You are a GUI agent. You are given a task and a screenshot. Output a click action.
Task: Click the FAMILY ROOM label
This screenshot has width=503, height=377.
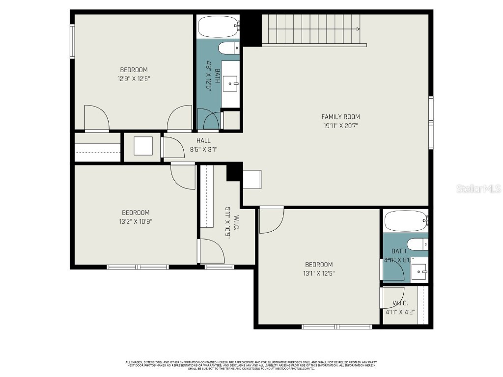pyautogui.click(x=340, y=117)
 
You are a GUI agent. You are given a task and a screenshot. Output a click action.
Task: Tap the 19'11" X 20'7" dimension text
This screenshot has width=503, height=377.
pyautogui.click(x=340, y=126)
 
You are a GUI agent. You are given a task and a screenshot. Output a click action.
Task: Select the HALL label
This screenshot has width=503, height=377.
pyautogui.click(x=203, y=141)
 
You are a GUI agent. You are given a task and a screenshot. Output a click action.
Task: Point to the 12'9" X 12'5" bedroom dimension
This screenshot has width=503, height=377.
pyautogui.click(x=134, y=78)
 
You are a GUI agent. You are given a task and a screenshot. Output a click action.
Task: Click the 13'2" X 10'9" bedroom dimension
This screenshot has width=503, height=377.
pyautogui.click(x=136, y=221)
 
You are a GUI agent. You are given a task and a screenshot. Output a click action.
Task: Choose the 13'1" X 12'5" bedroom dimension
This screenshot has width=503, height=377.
pyautogui.click(x=319, y=273)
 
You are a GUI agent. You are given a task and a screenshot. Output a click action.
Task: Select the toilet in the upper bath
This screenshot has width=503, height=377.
pyautogui.click(x=228, y=48)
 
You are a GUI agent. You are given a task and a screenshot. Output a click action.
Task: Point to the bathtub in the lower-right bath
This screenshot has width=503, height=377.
pyautogui.click(x=406, y=221)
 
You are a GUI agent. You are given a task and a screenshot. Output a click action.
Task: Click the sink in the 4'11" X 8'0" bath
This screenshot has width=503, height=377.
pyautogui.click(x=419, y=271)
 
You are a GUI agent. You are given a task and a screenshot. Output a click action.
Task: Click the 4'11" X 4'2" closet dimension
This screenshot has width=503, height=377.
pyautogui.click(x=400, y=311)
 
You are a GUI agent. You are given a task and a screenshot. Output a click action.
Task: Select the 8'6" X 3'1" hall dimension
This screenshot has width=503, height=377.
pyautogui.click(x=203, y=149)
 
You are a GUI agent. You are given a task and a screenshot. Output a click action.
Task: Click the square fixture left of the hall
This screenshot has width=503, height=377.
pyautogui.click(x=143, y=146)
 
